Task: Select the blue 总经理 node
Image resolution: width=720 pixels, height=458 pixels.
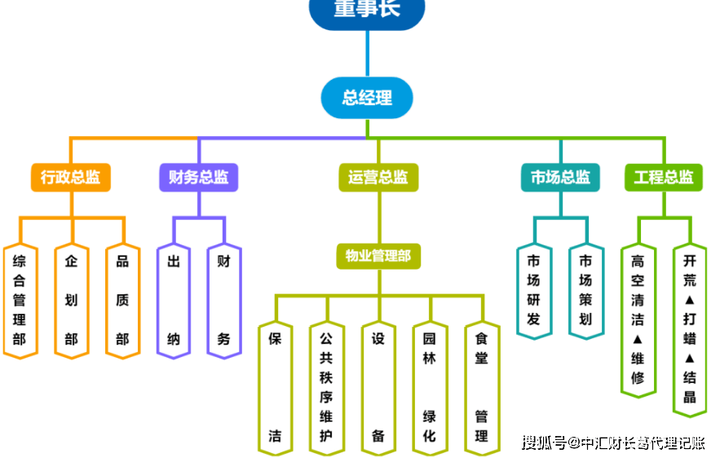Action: [367, 98]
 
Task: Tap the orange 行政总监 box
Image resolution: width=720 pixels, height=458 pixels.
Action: [71, 177]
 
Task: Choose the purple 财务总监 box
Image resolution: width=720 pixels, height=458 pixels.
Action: [198, 177]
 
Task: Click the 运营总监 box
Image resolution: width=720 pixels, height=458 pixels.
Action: [378, 177]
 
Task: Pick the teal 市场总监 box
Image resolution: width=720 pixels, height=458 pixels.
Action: [560, 177]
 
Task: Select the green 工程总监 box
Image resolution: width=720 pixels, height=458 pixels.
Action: [663, 177]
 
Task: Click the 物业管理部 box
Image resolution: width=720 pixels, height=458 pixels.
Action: [378, 256]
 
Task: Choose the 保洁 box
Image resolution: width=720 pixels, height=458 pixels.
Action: [276, 387]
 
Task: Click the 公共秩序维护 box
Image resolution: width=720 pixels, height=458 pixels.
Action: [326, 387]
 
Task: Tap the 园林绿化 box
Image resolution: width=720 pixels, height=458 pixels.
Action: [430, 387]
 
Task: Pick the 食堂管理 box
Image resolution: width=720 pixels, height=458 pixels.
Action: [481, 387]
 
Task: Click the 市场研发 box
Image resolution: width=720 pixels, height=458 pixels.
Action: [534, 290]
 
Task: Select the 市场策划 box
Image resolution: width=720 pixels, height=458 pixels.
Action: [585, 290]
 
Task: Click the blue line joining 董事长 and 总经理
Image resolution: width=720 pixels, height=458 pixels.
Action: [367, 54]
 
